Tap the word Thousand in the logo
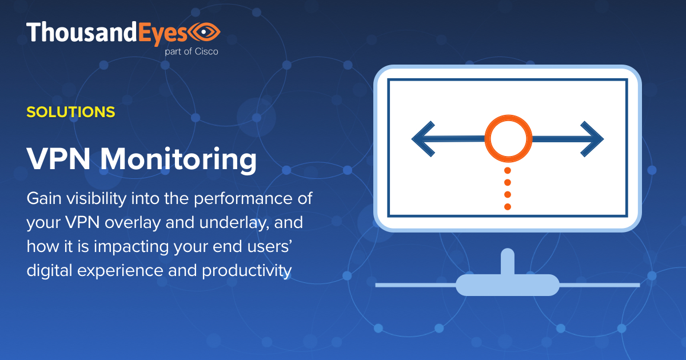tap(80, 32)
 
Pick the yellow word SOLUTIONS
tap(71, 111)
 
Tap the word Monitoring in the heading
tap(178, 161)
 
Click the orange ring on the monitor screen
tap(508, 138)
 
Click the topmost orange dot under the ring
tap(508, 170)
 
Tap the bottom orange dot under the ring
tap(508, 206)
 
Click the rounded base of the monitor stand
tap(507, 285)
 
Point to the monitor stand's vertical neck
tap(507, 261)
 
